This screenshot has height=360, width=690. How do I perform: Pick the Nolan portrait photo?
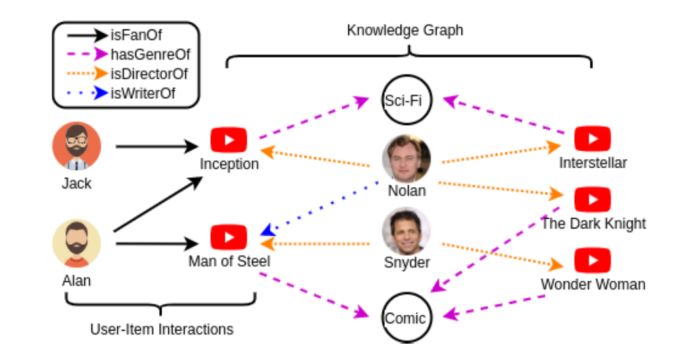coord(407,159)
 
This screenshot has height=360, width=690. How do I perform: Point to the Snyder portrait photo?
coord(407,231)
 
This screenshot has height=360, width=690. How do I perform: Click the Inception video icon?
coord(228,140)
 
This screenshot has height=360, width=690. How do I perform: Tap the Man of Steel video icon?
coord(228,237)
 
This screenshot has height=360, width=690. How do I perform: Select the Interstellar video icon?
coord(592,139)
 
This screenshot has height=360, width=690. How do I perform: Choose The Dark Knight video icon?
coord(592,199)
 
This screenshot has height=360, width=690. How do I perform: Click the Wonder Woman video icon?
coord(592,260)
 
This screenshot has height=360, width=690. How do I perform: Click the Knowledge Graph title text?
coord(405,31)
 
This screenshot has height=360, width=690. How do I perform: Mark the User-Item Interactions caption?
coord(162,329)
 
